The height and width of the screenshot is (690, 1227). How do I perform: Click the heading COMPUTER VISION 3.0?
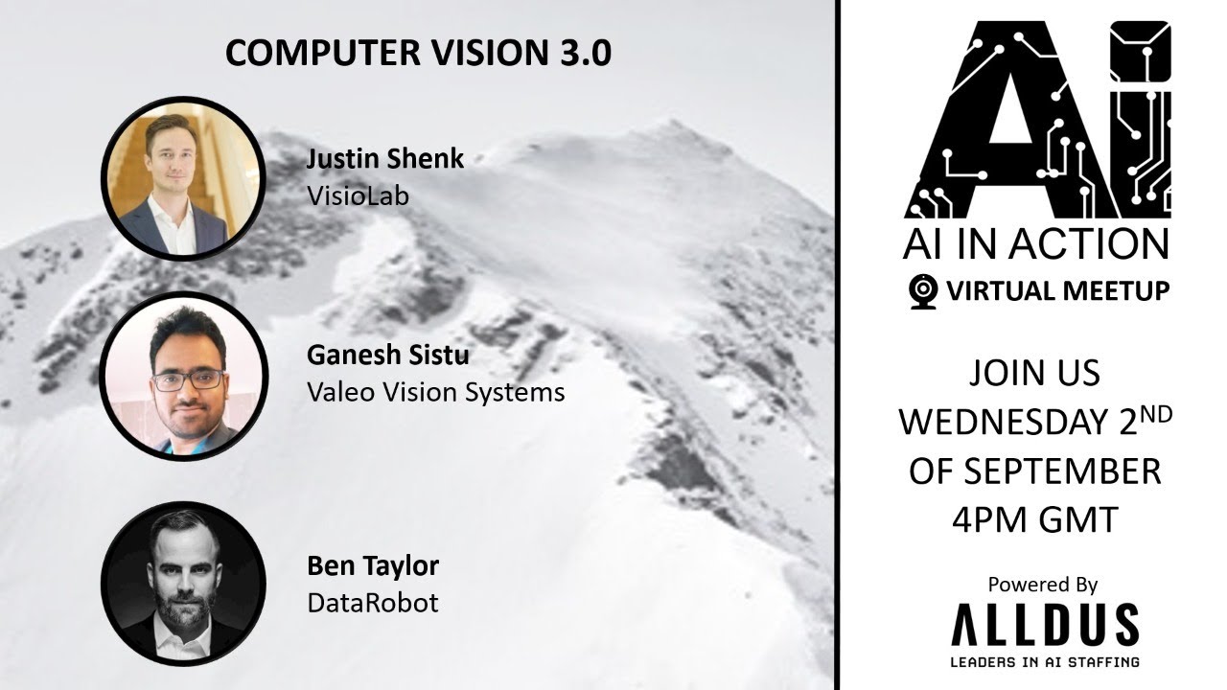pyautogui.click(x=418, y=54)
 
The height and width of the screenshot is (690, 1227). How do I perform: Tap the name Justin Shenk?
pyautogui.click(x=385, y=159)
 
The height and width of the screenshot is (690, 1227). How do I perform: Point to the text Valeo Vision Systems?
pyautogui.click(x=435, y=391)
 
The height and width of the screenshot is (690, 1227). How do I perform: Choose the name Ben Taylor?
pyautogui.click(x=373, y=565)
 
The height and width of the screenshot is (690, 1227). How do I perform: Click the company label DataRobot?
pyautogui.click(x=372, y=602)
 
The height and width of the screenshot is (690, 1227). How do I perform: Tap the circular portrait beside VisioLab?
pyautogui.click(x=183, y=178)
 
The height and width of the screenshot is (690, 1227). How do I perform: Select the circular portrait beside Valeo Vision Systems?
pyautogui.click(x=183, y=374)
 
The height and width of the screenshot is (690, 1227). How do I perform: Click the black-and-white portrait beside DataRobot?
pyautogui.click(x=183, y=583)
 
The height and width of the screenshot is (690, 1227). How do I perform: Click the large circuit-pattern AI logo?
pyautogui.click(x=1036, y=120)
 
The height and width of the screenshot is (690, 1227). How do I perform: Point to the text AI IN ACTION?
pyautogui.click(x=1035, y=243)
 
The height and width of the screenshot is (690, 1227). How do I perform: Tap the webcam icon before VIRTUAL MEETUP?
pyautogui.click(x=922, y=290)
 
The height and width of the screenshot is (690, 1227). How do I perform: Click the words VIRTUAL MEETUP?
pyautogui.click(x=1057, y=291)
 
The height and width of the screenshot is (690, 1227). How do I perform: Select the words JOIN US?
pyautogui.click(x=1034, y=373)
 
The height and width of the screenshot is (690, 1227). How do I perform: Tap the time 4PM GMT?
pyautogui.click(x=1034, y=519)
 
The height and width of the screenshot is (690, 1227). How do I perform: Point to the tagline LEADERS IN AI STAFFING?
pyautogui.click(x=1044, y=661)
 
